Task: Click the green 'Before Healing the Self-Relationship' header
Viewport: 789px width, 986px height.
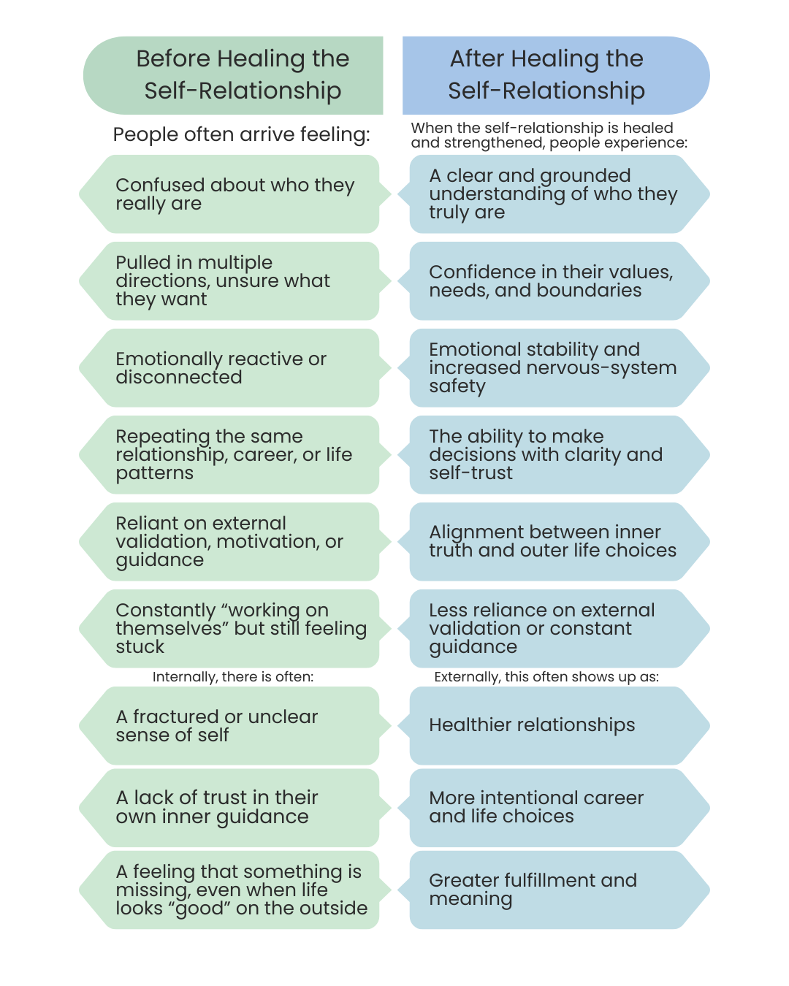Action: point(241,75)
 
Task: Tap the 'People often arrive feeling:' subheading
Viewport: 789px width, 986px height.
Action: point(241,134)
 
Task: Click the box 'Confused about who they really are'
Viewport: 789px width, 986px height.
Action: point(234,194)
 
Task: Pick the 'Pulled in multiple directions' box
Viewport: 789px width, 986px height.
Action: point(234,281)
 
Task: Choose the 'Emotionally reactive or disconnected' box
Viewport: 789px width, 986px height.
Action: point(234,368)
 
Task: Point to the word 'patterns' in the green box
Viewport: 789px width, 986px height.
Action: point(154,473)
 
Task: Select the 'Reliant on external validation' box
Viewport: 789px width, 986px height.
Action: point(234,542)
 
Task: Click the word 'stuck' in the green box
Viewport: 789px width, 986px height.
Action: point(140,647)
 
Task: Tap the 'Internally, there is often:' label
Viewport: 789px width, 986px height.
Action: point(233,677)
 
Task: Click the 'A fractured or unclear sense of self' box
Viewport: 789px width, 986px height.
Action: point(234,726)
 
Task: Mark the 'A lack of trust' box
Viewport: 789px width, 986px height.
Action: point(234,808)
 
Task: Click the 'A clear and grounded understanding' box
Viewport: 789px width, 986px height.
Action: point(555,194)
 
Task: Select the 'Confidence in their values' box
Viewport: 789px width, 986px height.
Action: point(555,281)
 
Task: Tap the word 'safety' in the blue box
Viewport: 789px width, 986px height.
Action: point(457,386)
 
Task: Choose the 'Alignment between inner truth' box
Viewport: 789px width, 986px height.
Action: point(555,542)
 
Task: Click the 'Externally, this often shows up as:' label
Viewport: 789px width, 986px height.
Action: point(546,677)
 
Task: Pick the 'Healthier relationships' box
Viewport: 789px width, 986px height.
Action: point(555,726)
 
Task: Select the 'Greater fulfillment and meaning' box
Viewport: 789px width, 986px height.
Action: point(555,890)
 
